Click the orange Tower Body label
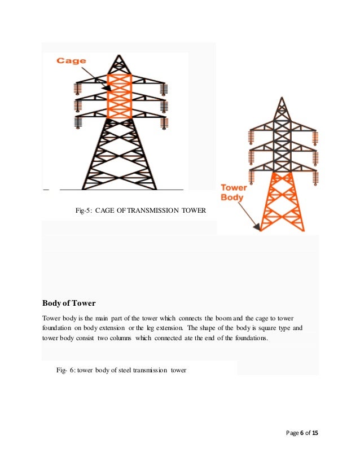point(231,193)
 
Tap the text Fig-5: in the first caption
point(84,211)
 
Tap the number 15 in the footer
point(315,433)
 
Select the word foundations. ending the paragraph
point(256,338)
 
